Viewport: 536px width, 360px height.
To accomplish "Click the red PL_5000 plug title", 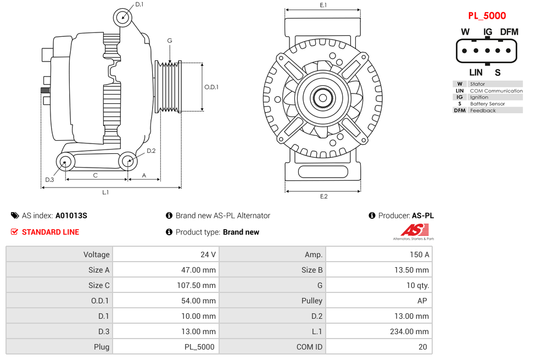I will (x=487, y=16).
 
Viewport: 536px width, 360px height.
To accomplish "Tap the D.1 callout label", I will (x=139, y=4).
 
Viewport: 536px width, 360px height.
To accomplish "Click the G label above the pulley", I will (x=170, y=41).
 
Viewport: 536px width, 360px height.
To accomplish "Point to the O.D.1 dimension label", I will (x=211, y=87).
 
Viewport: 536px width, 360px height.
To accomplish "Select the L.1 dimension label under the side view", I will (x=105, y=192).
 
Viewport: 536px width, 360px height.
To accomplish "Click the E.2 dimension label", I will (x=323, y=197).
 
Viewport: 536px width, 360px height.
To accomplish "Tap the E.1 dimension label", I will (x=323, y=5).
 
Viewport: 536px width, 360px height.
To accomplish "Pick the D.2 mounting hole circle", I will (x=127, y=162).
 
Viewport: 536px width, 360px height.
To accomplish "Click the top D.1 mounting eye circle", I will (x=123, y=17).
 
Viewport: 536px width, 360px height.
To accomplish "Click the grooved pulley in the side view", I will (x=169, y=87).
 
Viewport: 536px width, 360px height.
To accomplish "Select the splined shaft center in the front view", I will (x=323, y=98).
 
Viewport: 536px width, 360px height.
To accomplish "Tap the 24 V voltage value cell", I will (x=208, y=254).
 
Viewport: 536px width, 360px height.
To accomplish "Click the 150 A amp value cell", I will (x=420, y=254).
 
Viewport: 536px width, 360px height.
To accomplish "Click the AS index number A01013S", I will (x=71, y=215).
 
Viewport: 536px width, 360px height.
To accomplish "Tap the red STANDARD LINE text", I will (x=50, y=232).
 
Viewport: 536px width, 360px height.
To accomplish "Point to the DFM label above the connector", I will (x=509, y=32).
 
